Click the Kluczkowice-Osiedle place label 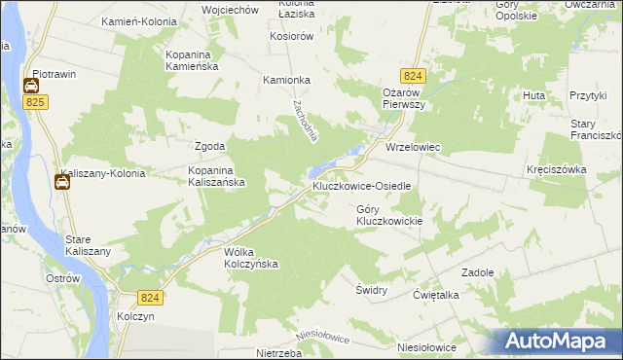[364, 185]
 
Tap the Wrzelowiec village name [414, 148]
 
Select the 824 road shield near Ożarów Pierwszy [411, 75]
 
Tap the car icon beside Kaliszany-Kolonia [61, 182]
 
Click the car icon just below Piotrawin [30, 87]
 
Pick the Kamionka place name [286, 81]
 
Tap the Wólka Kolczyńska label [251, 257]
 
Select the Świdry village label [372, 290]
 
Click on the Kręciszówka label [556, 168]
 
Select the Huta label [533, 95]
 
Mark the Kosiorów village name [291, 36]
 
